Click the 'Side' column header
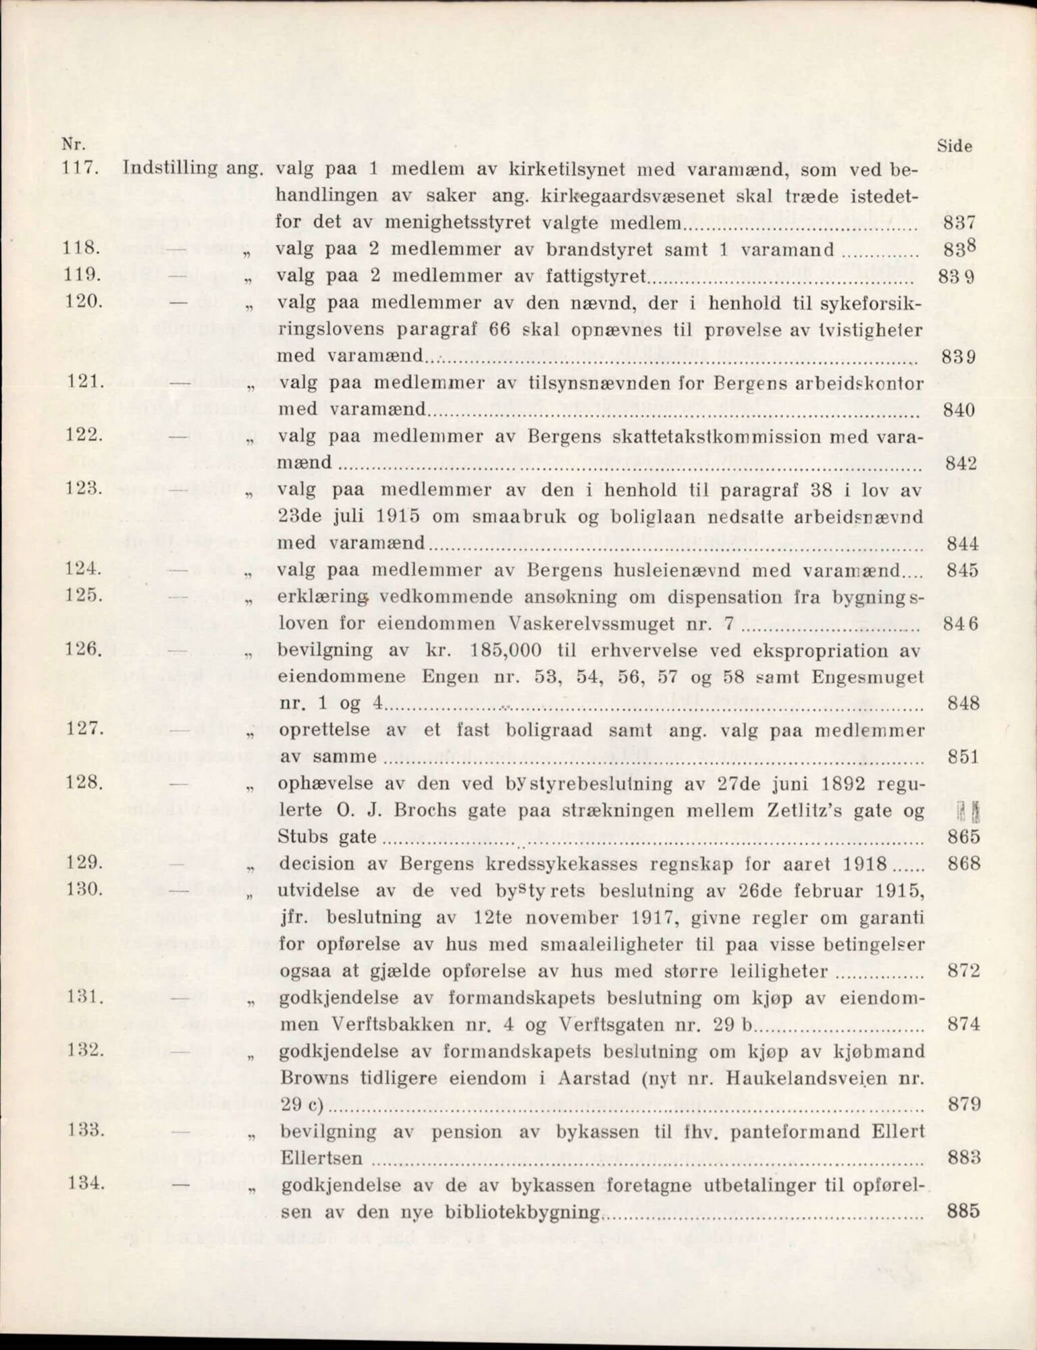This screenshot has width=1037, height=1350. [955, 145]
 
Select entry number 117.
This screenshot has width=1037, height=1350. [81, 168]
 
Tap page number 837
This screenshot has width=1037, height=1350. [960, 222]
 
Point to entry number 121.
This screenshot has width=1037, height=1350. [85, 382]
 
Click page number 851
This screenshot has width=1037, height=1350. [963, 757]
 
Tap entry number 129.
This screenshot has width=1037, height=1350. [85, 863]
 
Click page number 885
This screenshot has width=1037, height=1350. [963, 1211]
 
